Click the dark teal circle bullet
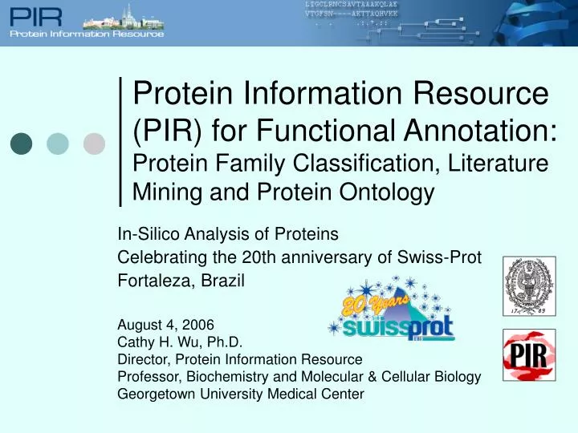(21, 144)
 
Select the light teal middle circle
(58, 144)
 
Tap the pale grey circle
(95, 144)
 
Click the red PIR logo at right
(528, 354)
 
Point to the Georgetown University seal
(528, 286)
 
